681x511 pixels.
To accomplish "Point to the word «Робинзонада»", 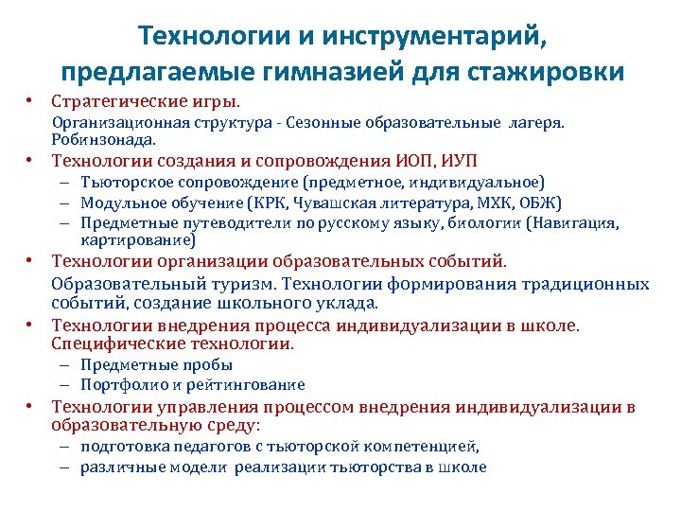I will pos(96,138).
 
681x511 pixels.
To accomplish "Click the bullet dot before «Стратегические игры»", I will pos(30,100).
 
